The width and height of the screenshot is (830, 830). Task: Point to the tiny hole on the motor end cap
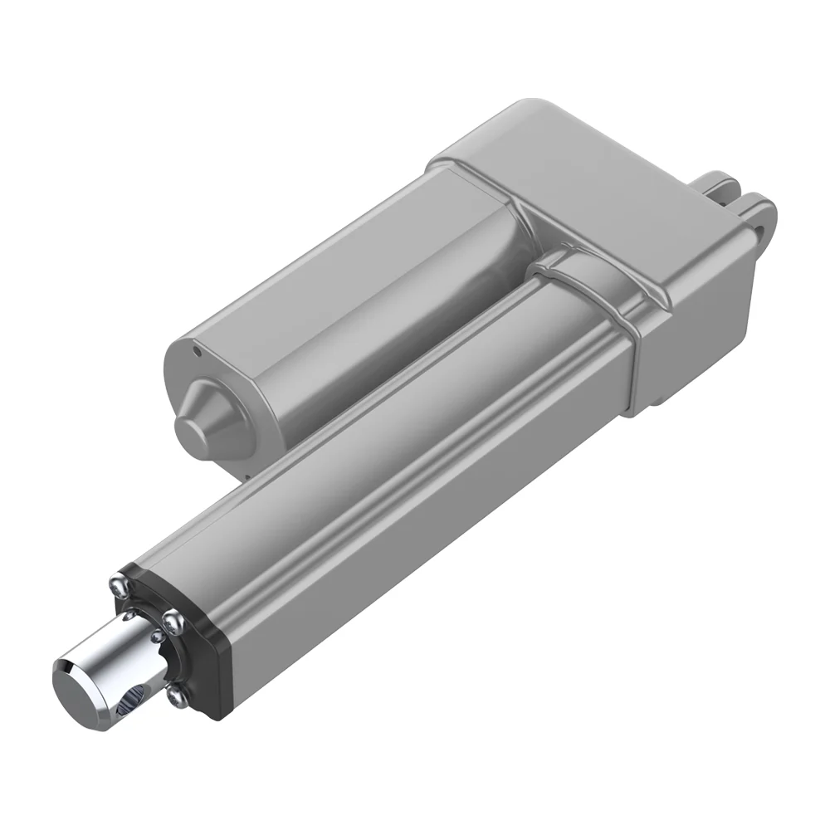coord(197,350)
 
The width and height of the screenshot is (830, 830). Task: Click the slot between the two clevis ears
coord(741,200)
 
